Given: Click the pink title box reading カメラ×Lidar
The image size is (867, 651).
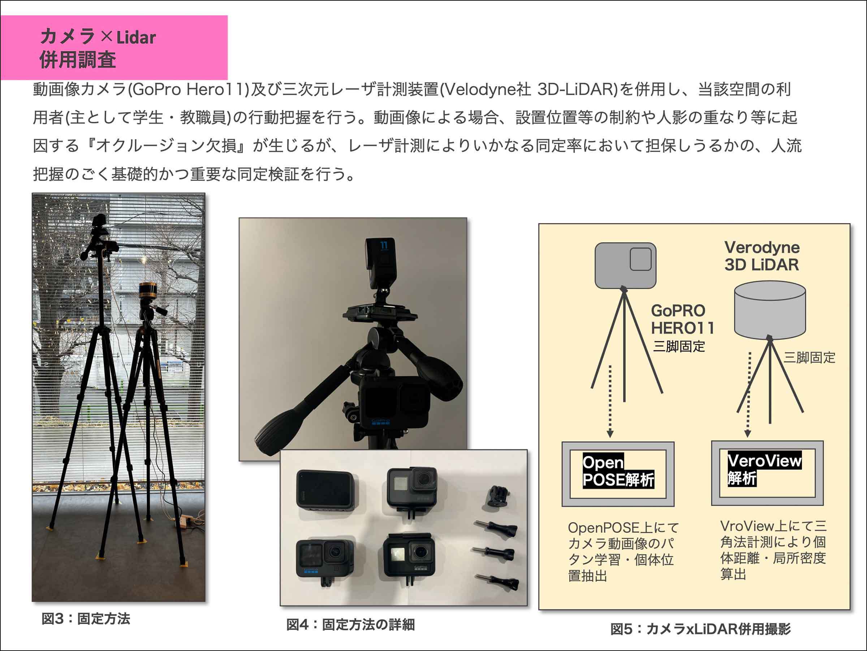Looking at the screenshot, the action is [x=114, y=47].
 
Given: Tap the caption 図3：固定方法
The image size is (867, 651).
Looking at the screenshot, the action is [x=86, y=619].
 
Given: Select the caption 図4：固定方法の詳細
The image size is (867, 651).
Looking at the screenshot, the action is [x=350, y=625].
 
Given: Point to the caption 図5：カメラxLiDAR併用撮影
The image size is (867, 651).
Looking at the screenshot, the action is [x=700, y=629].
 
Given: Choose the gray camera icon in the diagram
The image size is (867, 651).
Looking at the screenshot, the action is [x=626, y=265].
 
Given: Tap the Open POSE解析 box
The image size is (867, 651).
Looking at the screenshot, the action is [x=618, y=474].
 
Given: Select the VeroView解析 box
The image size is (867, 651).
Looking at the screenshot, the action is [x=767, y=473].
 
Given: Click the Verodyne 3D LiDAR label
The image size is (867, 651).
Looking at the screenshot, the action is [x=762, y=256].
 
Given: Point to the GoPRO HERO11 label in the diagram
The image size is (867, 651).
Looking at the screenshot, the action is [x=682, y=319].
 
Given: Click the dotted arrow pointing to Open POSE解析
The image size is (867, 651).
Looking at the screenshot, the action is [x=610, y=401].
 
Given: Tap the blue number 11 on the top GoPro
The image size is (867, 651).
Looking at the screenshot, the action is [x=384, y=245].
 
